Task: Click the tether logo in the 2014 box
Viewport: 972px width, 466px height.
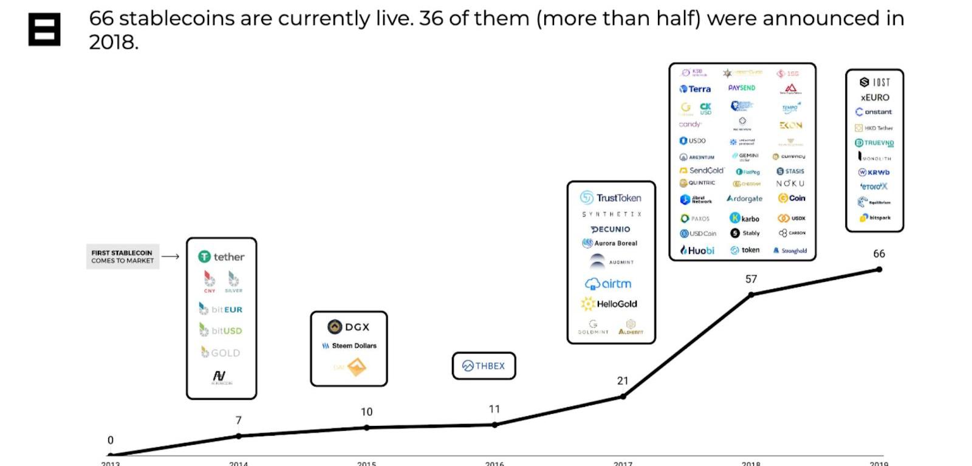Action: [221, 257]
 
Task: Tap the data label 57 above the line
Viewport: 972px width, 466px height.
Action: [751, 279]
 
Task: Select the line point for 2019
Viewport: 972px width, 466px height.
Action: [879, 269]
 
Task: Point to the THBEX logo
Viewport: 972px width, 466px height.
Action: [484, 366]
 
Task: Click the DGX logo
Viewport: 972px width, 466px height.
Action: [348, 327]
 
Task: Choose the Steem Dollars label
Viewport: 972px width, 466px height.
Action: [349, 346]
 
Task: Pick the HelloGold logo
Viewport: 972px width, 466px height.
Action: [609, 304]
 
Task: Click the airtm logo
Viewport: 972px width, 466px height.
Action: [608, 284]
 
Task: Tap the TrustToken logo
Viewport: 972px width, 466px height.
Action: [611, 197]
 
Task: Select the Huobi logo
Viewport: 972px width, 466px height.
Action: [697, 250]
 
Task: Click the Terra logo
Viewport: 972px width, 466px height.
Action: [695, 89]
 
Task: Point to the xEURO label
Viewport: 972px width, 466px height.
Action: [875, 97]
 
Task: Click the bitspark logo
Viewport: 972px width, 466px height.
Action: [875, 218]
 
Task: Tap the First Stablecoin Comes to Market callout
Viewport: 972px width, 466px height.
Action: [123, 256]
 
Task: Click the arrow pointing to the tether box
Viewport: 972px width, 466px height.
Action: [171, 256]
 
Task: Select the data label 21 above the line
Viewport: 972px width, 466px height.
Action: [623, 381]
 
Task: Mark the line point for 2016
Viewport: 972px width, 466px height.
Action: [495, 425]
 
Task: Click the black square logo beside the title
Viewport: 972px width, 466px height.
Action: [44, 29]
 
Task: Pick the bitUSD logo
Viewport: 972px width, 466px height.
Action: [221, 331]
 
